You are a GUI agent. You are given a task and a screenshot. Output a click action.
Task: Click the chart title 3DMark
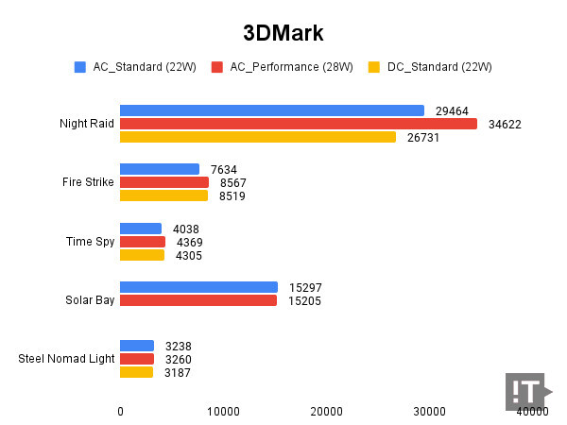pos(283,33)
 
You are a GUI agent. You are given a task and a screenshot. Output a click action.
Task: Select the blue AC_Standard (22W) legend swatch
pos(80,67)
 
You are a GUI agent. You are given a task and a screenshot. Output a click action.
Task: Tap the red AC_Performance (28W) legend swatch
pos(217,67)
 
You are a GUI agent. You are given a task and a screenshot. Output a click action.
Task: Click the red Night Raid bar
pos(299,124)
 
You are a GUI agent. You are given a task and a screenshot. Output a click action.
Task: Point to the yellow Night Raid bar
pos(258,137)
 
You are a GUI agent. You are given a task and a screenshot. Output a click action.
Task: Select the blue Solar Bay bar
pos(198,287)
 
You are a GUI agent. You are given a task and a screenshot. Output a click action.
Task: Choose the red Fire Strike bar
pos(164,182)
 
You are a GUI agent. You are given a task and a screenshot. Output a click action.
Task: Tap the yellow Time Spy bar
pos(142,255)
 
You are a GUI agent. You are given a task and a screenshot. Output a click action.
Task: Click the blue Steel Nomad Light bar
pos(137,346)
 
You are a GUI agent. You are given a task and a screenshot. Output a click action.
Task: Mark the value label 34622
pos(505,124)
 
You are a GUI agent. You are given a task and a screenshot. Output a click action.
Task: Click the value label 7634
pos(223,169)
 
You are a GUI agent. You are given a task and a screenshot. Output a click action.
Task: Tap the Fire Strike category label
pos(88,182)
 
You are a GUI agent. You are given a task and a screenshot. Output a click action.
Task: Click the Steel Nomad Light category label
pos(66,359)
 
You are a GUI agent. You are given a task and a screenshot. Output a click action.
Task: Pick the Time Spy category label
pos(92,242)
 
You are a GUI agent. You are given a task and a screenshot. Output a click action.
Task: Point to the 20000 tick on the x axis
pos(327,411)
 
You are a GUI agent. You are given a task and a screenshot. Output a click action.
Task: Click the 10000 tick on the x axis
pos(223,411)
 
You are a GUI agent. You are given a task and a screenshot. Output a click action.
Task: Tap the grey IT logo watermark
pos(526,392)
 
